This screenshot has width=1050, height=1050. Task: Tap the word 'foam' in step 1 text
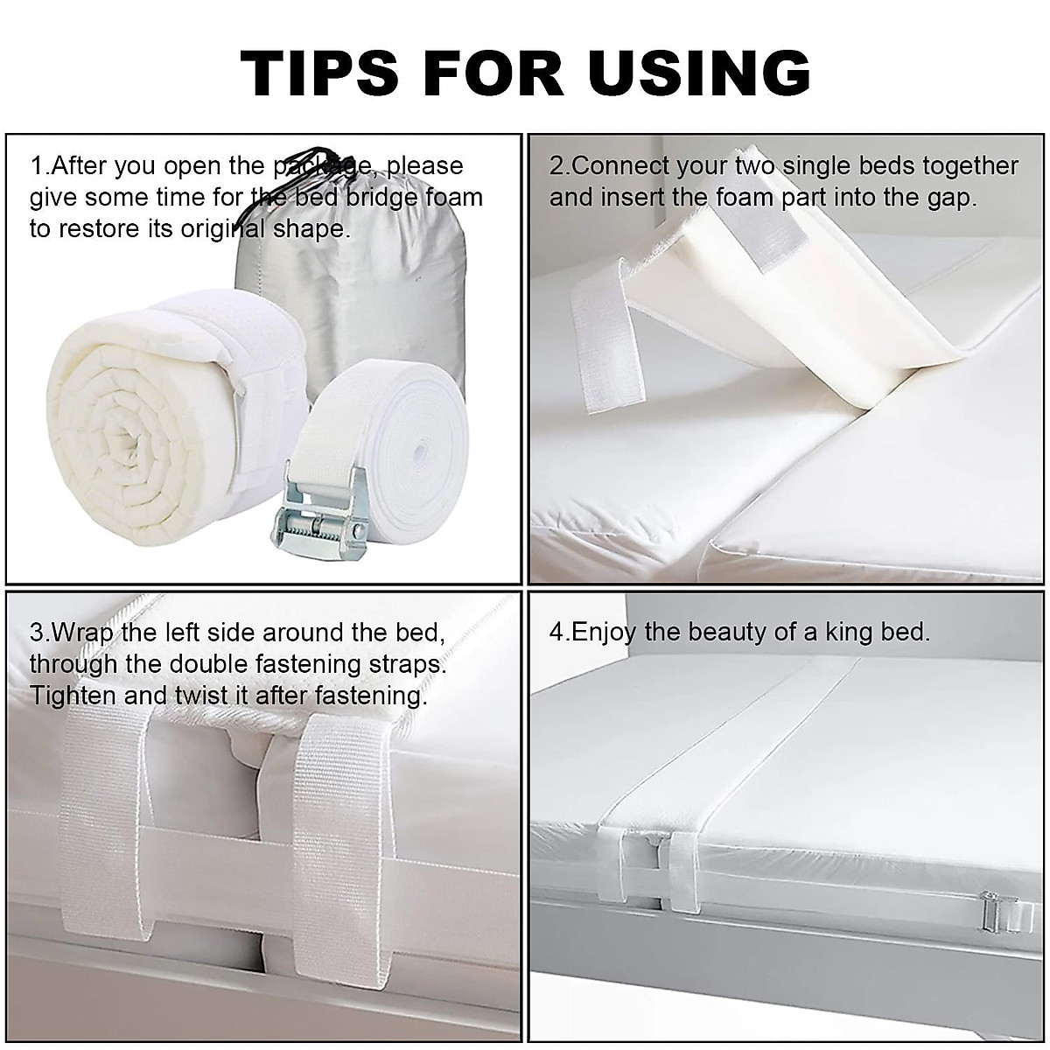[x=453, y=198]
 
